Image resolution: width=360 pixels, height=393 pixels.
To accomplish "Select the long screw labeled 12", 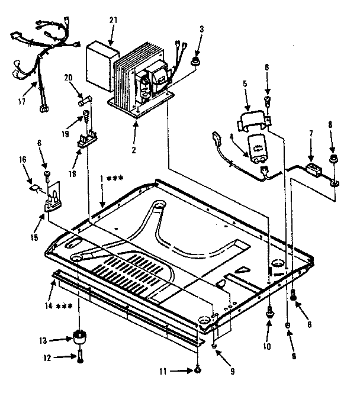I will click(x=79, y=357).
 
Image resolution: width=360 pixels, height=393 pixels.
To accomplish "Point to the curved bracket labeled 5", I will click(x=251, y=120).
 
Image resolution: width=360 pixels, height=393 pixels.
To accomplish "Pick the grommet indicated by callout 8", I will click(x=334, y=159).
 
